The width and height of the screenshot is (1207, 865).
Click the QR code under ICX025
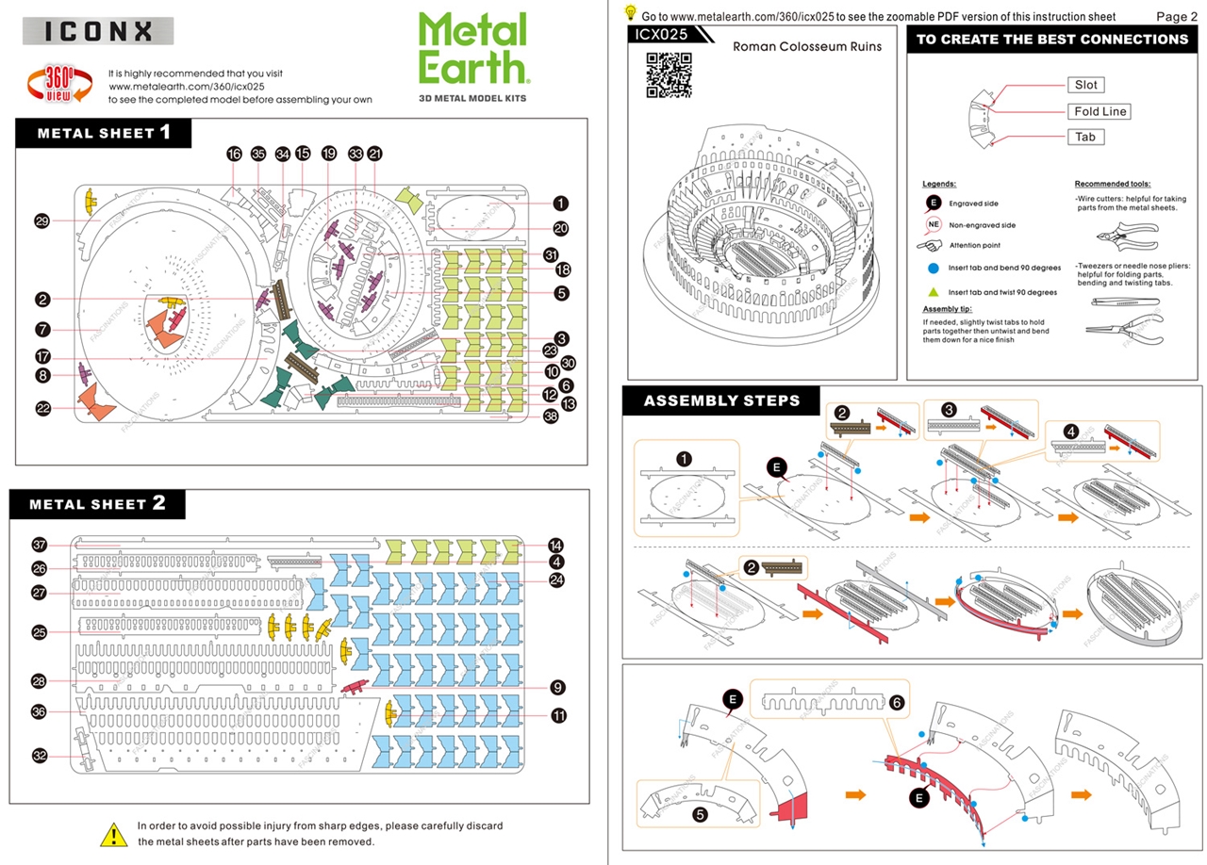(x=669, y=75)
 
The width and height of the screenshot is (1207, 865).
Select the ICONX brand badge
(x=98, y=31)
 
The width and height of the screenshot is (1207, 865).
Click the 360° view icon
(x=55, y=85)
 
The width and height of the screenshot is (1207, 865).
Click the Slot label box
(x=1086, y=85)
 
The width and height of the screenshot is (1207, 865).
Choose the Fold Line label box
(x=1100, y=111)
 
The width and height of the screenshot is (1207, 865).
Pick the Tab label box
(x=1085, y=137)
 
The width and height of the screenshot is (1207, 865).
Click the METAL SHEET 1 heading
(x=104, y=133)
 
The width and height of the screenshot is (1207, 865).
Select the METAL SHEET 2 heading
(x=97, y=504)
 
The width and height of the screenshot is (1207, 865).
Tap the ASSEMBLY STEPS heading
(x=721, y=400)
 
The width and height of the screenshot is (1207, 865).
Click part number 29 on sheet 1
(x=42, y=221)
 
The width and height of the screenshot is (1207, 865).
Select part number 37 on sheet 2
(x=40, y=545)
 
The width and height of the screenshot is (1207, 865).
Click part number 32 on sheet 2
(x=40, y=755)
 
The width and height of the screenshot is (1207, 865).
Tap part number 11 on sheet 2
(x=558, y=716)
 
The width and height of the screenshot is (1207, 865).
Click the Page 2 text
(x=1176, y=16)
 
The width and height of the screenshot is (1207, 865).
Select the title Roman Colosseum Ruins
(x=806, y=46)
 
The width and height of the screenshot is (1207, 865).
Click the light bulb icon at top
(x=631, y=13)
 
